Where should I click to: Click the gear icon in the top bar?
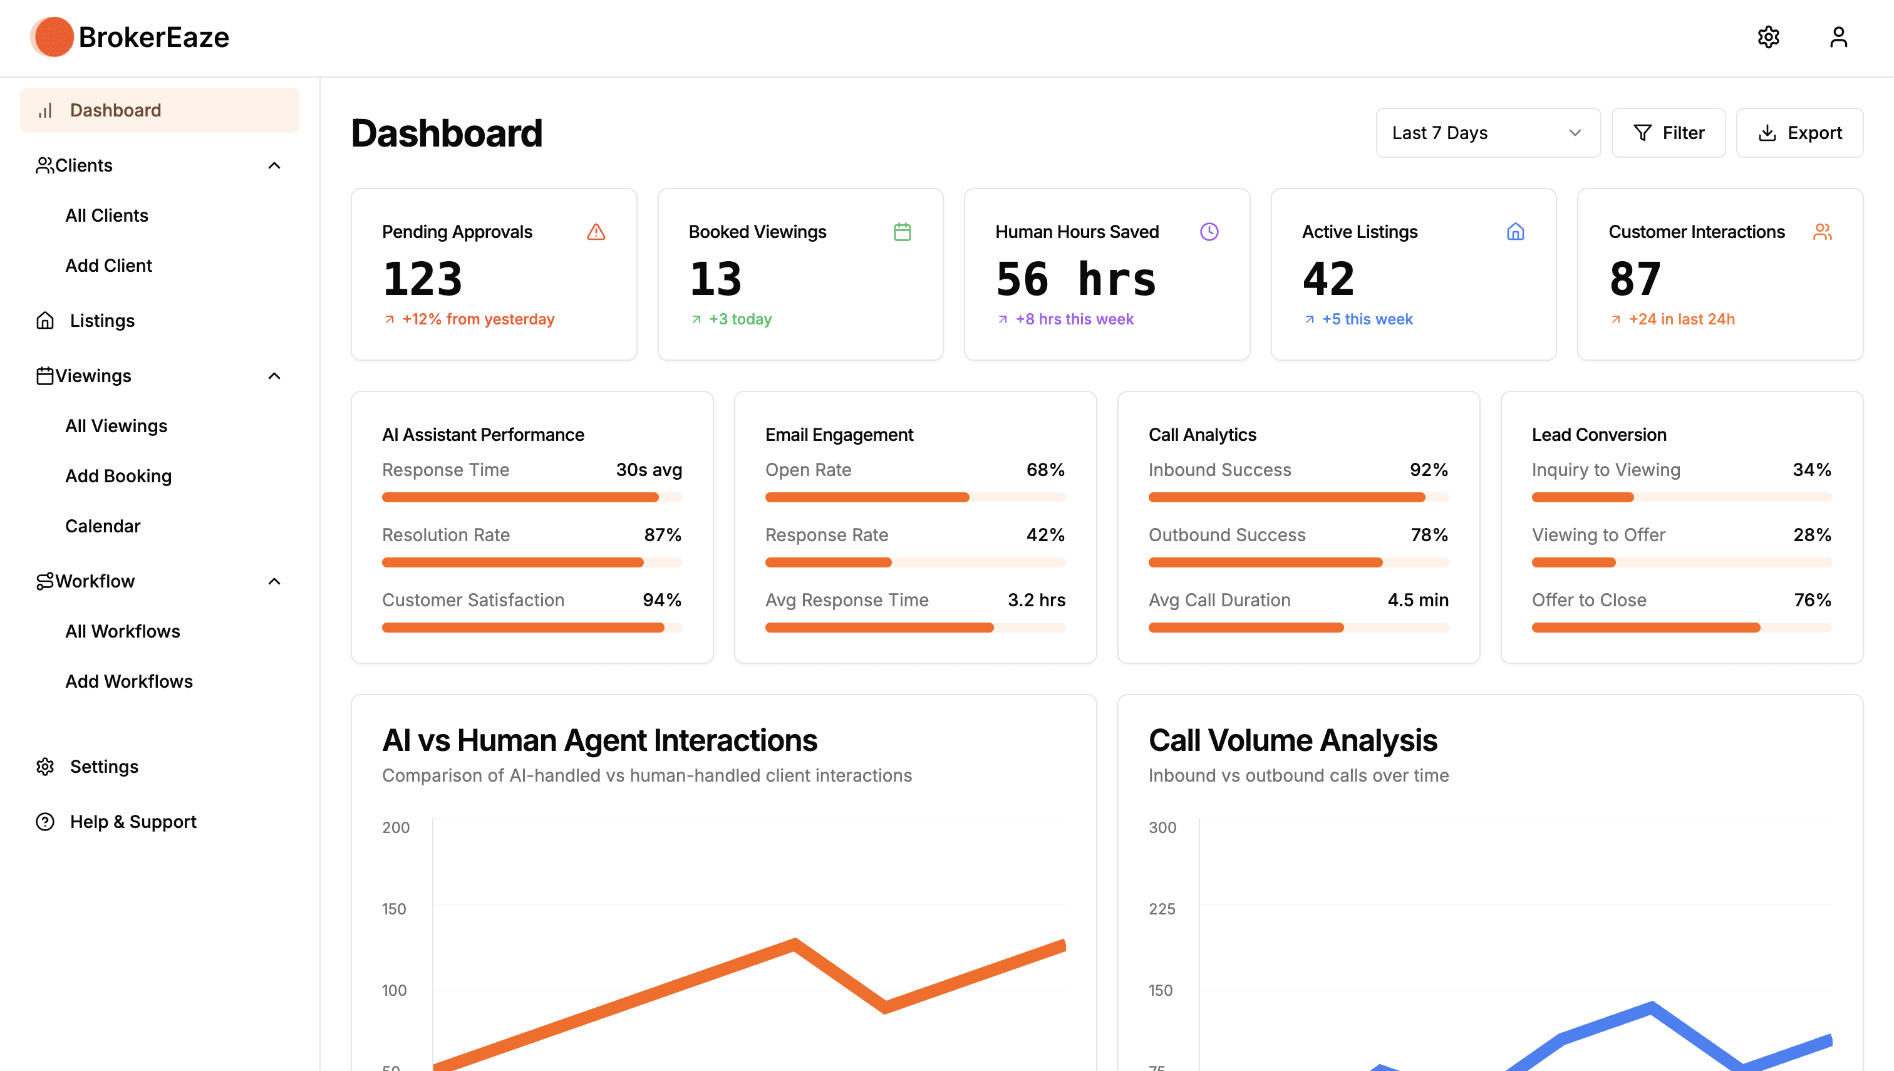click(x=1768, y=37)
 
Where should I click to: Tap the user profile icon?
click(x=1838, y=37)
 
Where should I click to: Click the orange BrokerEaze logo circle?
click(x=53, y=37)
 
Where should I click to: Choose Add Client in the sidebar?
click(x=108, y=266)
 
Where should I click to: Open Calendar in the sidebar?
click(x=102, y=526)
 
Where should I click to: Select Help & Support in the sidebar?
click(x=133, y=822)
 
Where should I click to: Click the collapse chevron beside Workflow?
click(x=274, y=581)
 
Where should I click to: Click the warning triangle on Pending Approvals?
click(x=596, y=232)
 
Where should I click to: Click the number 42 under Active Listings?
click(x=1328, y=279)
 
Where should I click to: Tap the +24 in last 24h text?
click(x=1682, y=319)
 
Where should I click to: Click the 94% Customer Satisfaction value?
click(x=662, y=599)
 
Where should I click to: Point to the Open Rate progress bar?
click(x=915, y=497)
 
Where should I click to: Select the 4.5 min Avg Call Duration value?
click(x=1418, y=599)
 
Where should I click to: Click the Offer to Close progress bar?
click(x=1682, y=628)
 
